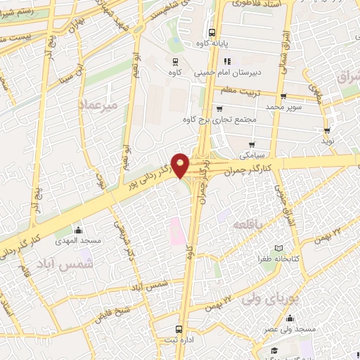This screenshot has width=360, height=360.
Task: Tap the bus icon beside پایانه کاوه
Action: pyautogui.click(x=212, y=32)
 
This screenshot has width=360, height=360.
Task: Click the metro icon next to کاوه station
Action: pyautogui.click(x=174, y=60)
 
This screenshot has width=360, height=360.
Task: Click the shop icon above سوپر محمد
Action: pyautogui.click(x=283, y=97)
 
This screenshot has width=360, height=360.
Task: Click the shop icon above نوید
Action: pyautogui.click(x=327, y=130)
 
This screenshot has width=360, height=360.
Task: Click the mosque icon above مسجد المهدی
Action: pyautogui.click(x=77, y=230)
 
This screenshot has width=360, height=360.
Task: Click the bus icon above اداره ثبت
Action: pyautogui.click(x=179, y=328)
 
